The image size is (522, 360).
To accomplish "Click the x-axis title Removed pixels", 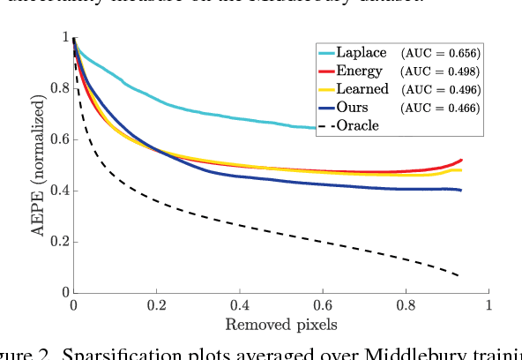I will (x=281, y=325).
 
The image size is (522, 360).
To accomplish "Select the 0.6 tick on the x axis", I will (x=323, y=305).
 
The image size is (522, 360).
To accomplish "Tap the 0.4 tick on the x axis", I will (x=240, y=305).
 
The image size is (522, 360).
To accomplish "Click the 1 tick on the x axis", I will (x=489, y=305).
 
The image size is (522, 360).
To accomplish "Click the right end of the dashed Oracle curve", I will (x=459, y=275).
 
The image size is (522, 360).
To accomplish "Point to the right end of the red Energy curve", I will (x=461, y=160).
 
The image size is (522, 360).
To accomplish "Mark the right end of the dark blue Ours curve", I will (x=461, y=190).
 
